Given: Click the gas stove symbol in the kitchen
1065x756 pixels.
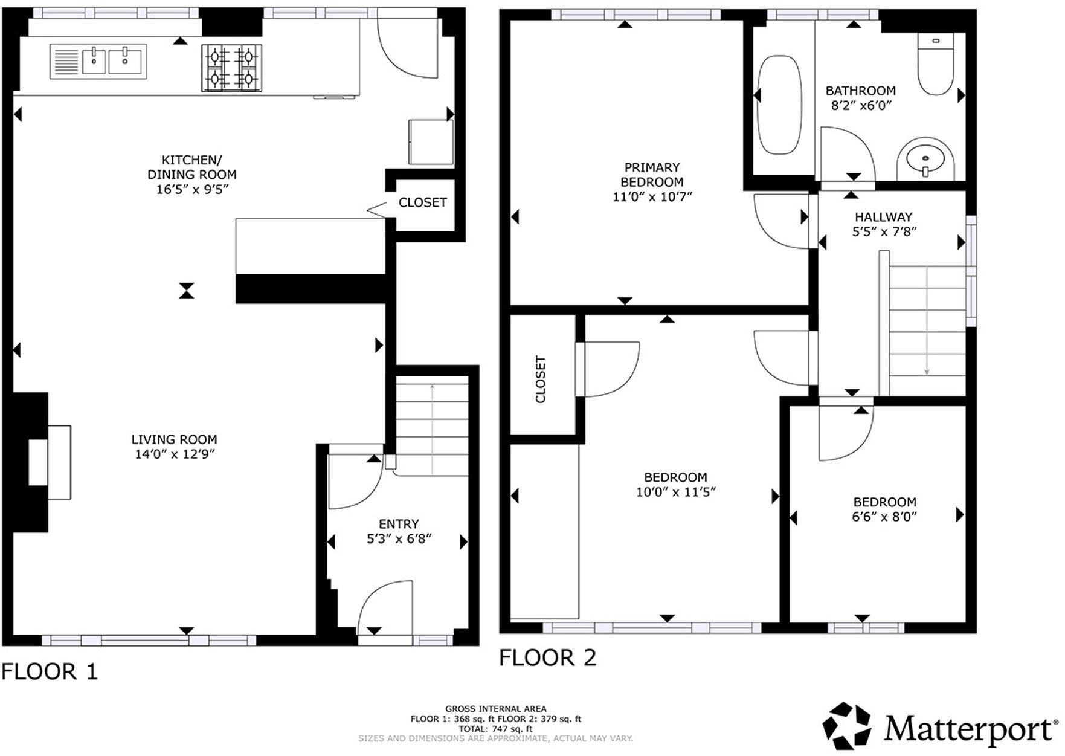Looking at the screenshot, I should (232, 68).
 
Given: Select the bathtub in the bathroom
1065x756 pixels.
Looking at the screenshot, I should (779, 104).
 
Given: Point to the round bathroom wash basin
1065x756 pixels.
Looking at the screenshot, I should (925, 159).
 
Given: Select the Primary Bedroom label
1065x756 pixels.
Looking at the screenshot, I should (652, 175).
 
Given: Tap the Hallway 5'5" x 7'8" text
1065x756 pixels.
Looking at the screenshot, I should (884, 224).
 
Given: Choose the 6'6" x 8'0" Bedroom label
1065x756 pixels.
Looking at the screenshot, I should (884, 509).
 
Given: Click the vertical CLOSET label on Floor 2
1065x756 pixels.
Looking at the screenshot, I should (541, 379).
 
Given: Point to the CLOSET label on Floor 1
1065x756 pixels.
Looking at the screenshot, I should (422, 202).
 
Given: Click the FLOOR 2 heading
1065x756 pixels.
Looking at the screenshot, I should (547, 657).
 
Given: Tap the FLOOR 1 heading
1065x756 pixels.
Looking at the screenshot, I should (50, 671).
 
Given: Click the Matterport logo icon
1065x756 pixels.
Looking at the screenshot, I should (847, 726).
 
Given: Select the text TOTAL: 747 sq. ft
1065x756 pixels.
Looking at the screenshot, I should (495, 729).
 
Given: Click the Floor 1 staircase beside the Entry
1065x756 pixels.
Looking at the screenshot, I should (432, 423).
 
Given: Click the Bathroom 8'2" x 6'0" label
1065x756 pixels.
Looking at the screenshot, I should (860, 98).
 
